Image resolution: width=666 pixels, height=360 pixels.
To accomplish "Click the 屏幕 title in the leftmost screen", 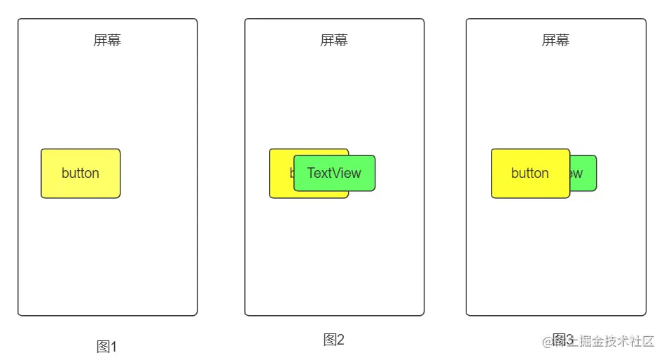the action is pos(107,40).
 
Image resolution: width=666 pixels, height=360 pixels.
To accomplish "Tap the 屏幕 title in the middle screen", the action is pos(334,40).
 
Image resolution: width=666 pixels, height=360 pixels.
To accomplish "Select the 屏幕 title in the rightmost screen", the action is pos(555,40).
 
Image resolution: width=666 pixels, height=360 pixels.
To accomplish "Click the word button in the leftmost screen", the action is pos(81,173).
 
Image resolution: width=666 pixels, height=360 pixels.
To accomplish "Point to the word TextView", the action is pos(334,173).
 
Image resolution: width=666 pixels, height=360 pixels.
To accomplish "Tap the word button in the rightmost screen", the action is pos(529,173).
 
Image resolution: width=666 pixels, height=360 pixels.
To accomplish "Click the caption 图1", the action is pos(106,346).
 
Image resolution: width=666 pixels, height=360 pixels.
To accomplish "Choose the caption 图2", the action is pos(333,340).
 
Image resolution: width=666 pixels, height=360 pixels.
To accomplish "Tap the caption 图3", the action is pos(562,340).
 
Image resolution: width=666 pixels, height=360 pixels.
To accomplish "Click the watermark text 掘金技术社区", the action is pos(616,342).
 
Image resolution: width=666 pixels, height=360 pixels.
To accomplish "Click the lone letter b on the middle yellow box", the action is pos(292,172).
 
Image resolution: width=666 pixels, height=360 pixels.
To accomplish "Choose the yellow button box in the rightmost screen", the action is pos(530,188).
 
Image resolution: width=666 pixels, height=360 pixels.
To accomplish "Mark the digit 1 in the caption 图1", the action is pos(113,347).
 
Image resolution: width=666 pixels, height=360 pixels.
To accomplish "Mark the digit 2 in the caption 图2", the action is pos(340,340).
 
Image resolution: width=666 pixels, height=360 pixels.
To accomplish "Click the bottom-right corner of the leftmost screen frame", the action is pos(196,314).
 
